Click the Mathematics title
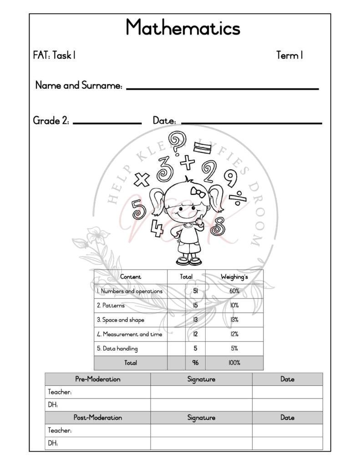(183, 28)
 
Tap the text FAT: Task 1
(54, 56)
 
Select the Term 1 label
(289, 56)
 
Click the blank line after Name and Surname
(222, 88)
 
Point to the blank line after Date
(251, 122)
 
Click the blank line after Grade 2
(107, 122)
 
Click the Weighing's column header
(234, 277)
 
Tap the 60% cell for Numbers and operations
(234, 291)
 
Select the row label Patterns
(111, 305)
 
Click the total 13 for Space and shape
(195, 320)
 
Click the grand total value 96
(195, 363)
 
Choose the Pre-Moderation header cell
(97, 379)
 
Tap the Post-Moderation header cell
(97, 417)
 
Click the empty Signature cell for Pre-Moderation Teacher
(201, 392)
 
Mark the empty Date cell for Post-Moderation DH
(287, 443)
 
